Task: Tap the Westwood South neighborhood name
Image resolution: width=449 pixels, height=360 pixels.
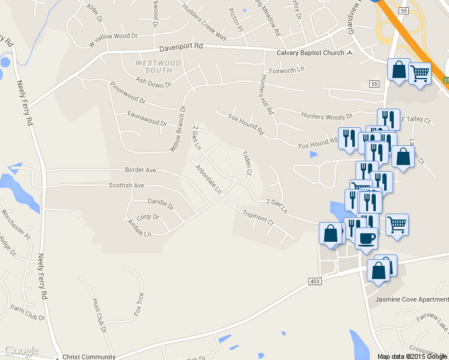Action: click(158, 67)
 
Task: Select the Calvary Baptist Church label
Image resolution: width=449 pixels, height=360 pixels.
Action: click(310, 53)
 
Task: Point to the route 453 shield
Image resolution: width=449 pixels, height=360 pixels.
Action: click(315, 281)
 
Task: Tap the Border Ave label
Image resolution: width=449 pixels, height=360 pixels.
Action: click(140, 170)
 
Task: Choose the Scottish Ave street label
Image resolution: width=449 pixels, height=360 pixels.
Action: click(127, 185)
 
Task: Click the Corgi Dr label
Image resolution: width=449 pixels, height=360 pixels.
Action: click(148, 217)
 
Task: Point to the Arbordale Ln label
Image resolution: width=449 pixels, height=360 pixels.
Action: click(208, 179)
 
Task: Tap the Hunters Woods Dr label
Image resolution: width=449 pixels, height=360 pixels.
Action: click(327, 117)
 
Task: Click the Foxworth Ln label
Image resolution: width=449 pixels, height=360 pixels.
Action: click(287, 70)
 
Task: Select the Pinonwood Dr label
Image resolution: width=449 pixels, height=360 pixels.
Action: click(128, 92)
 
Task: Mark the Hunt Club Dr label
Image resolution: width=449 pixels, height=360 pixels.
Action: click(99, 315)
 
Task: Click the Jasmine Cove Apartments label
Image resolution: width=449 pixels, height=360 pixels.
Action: click(411, 299)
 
